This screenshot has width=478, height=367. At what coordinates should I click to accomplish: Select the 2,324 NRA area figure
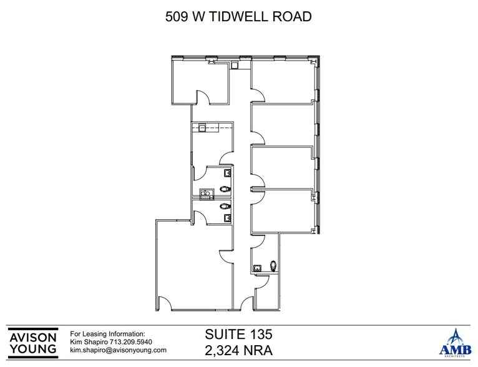tap(239, 350)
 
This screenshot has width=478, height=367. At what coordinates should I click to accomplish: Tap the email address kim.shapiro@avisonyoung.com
tap(118, 350)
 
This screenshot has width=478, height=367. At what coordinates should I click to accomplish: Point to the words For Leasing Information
tap(107, 334)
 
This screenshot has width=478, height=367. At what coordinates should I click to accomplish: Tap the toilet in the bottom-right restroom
tap(273, 265)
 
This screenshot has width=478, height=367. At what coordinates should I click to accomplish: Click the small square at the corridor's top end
tap(235, 64)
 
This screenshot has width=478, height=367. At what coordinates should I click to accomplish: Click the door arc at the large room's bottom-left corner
tap(164, 303)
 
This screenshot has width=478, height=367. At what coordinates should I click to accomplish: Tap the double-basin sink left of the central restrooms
tap(204, 193)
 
